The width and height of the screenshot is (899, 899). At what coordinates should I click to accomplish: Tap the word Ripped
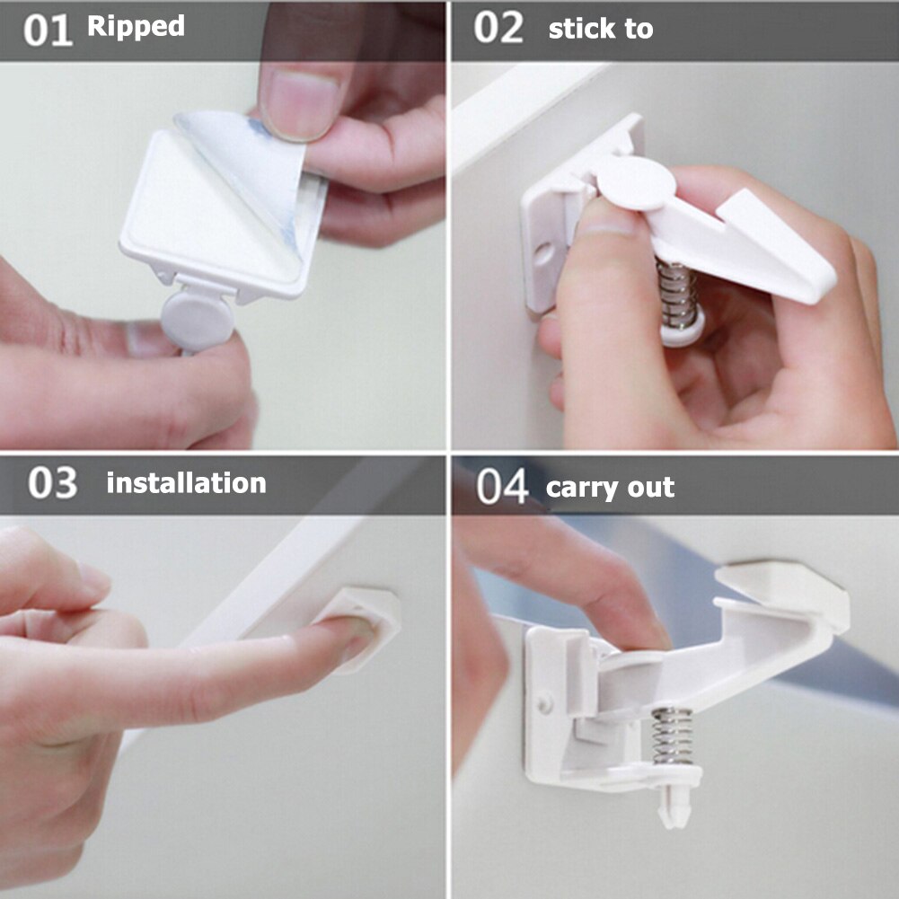point(136,26)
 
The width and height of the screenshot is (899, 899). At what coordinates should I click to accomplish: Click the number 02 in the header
point(498,29)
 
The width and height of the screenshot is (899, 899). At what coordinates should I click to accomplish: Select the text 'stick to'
point(600,29)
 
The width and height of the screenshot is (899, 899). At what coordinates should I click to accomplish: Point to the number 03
point(52,483)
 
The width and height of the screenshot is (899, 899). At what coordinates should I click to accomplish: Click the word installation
point(186,483)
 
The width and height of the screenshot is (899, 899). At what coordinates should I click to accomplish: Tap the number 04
point(502,487)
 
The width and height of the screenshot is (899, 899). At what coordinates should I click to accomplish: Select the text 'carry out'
point(610,488)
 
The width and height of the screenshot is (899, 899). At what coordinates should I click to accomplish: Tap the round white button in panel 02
point(636,182)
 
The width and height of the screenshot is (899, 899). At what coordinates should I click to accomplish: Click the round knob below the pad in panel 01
point(197,315)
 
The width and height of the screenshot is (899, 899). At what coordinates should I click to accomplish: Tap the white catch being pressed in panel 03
point(368,624)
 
